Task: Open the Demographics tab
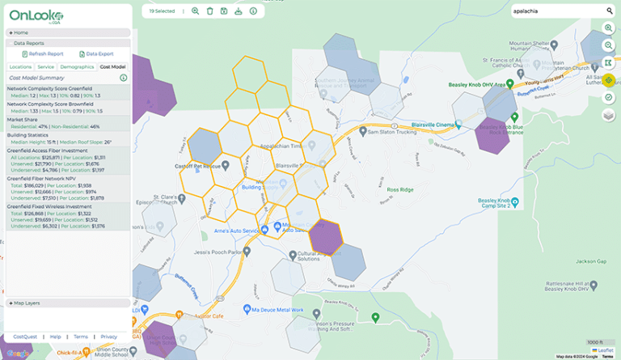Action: [77, 66]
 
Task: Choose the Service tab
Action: [46, 66]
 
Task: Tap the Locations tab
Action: [20, 66]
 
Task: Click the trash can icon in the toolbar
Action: [210, 11]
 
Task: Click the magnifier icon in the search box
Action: [610, 11]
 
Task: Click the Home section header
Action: [20, 32]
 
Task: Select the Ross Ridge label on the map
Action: [400, 189]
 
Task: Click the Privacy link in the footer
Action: [108, 337]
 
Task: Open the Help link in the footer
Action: [55, 337]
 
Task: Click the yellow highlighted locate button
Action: [609, 81]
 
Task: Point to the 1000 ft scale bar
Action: [595, 342]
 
